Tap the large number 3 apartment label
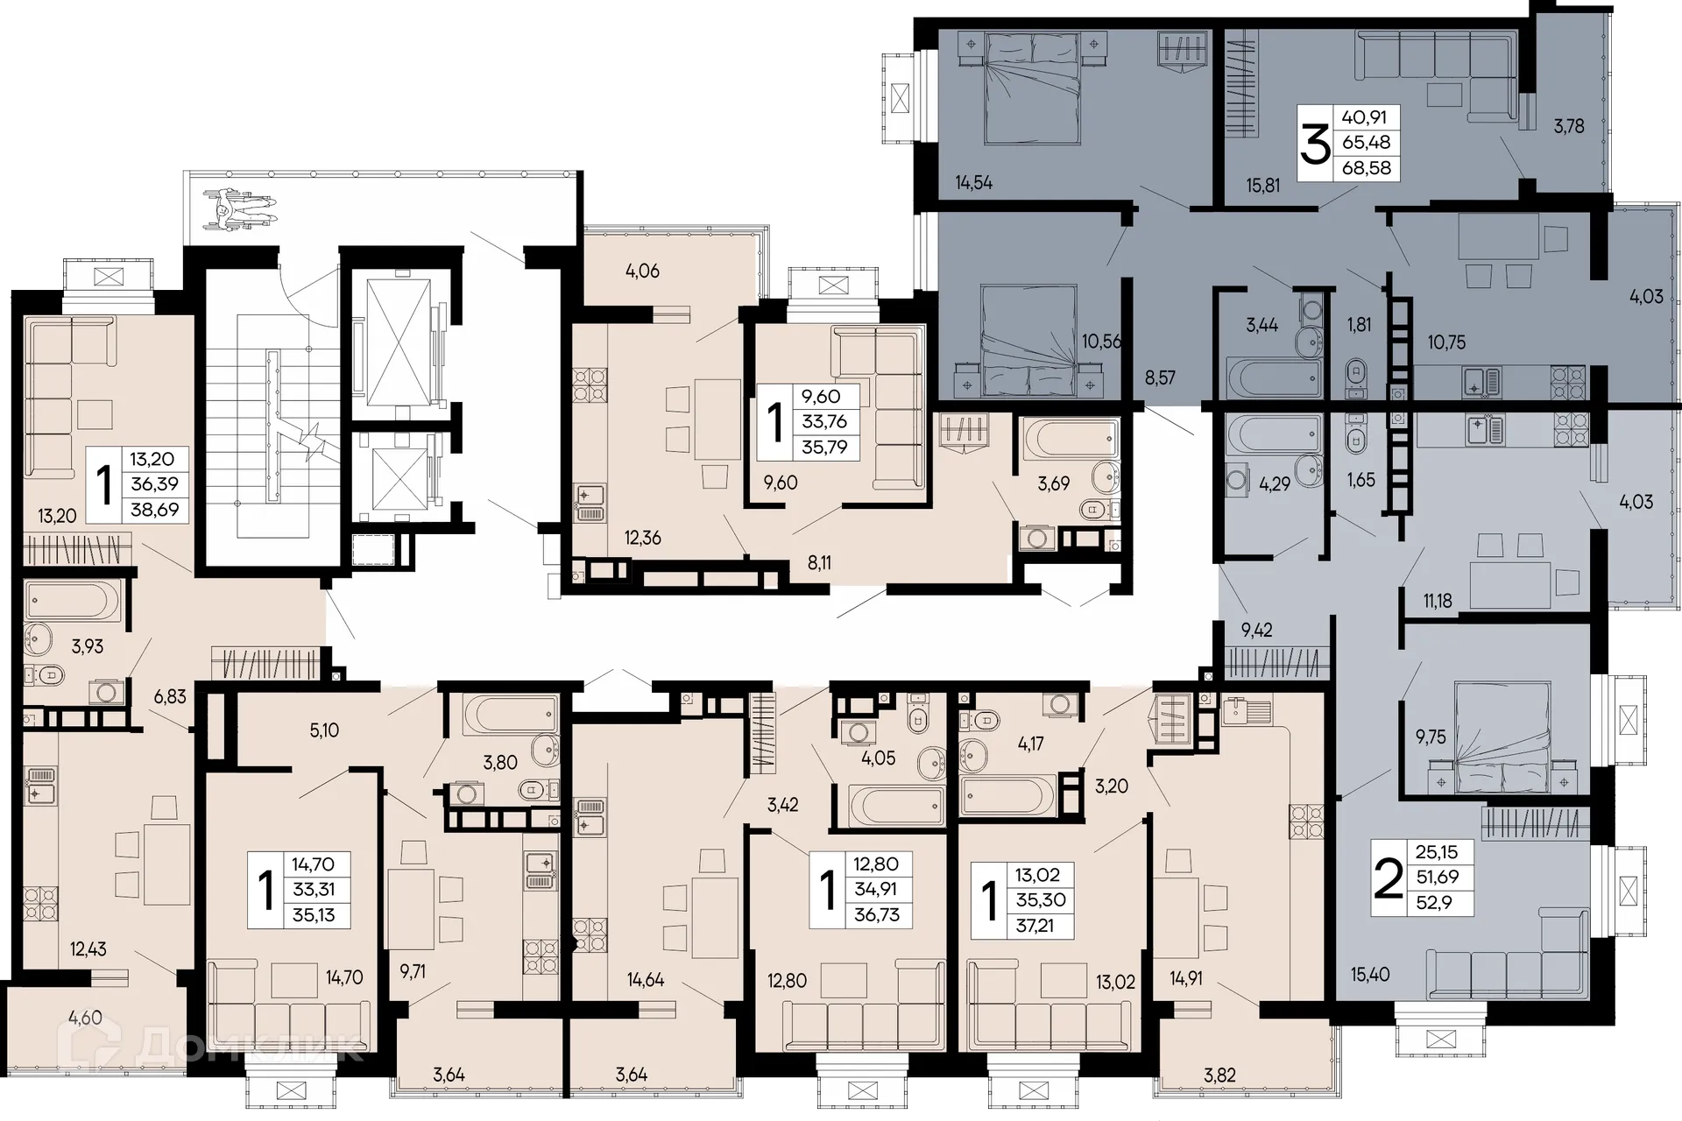(x=1315, y=144)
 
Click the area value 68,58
(x=1367, y=167)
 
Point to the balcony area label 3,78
(x=1569, y=126)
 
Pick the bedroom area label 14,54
(x=973, y=183)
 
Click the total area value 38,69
(x=154, y=509)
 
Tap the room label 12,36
(x=642, y=538)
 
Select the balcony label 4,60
(x=85, y=1018)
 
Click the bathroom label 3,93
(x=87, y=646)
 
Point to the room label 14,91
(x=1186, y=978)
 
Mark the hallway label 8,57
(x=1160, y=378)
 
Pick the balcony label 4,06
(x=642, y=271)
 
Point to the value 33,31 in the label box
(x=313, y=890)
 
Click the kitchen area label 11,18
(x=1438, y=601)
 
